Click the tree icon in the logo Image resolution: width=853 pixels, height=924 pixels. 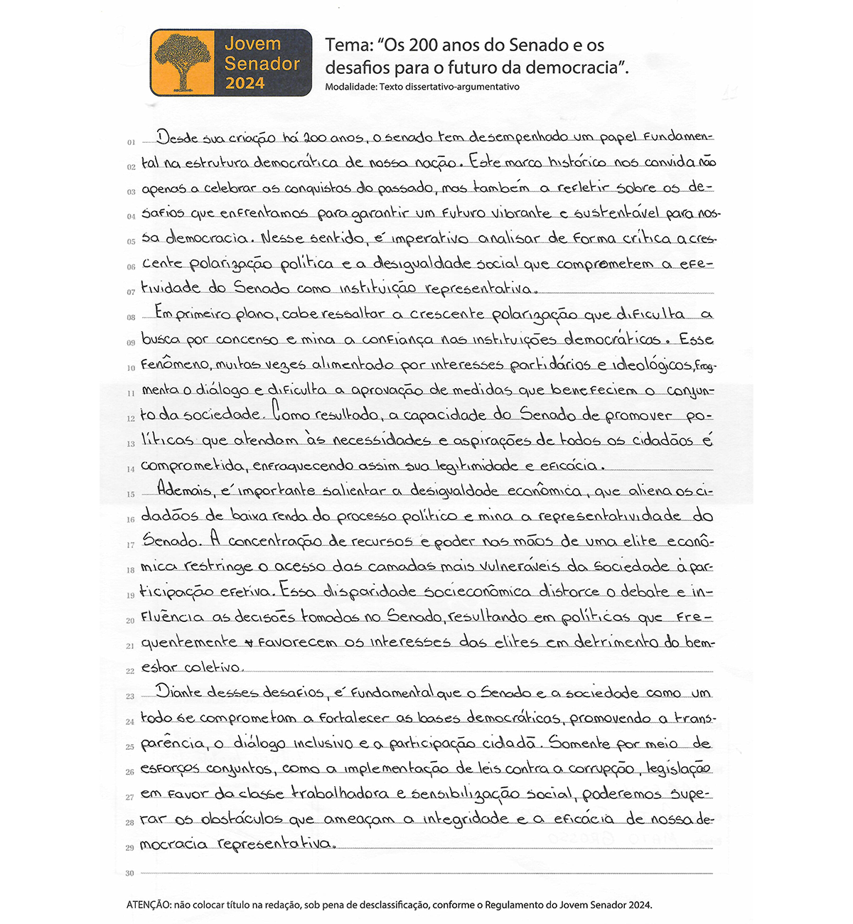coord(183,63)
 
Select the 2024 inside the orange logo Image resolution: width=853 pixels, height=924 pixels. coord(245,83)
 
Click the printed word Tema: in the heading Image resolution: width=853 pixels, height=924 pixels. coord(348,45)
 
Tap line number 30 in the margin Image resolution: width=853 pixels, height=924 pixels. coord(130,873)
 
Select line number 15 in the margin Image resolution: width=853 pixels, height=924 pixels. coord(130,494)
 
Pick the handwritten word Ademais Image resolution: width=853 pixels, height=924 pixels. coord(182,490)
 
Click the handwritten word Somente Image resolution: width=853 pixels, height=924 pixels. coord(578,743)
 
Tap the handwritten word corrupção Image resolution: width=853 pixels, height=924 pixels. coord(601,769)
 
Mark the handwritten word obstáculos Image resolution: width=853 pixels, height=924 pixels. coord(242,819)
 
